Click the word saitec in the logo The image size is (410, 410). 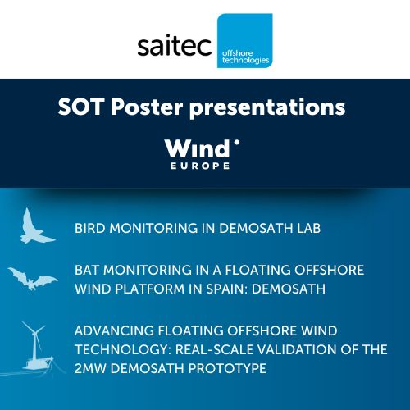tap(175, 46)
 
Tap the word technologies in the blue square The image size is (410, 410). tap(245, 60)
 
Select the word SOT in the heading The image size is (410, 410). tap(81, 107)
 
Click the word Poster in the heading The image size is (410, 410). tap(147, 107)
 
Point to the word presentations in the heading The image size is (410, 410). tap(267, 107)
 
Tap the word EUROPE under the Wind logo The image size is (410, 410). tap(200, 166)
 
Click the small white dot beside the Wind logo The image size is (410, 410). tap(237, 142)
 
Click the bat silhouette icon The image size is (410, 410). tap(33, 278)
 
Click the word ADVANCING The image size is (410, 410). tap(114, 330)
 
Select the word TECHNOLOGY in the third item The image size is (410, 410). tap(123, 349)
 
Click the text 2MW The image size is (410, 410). tap(90, 368)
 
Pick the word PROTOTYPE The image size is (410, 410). tap(227, 368)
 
